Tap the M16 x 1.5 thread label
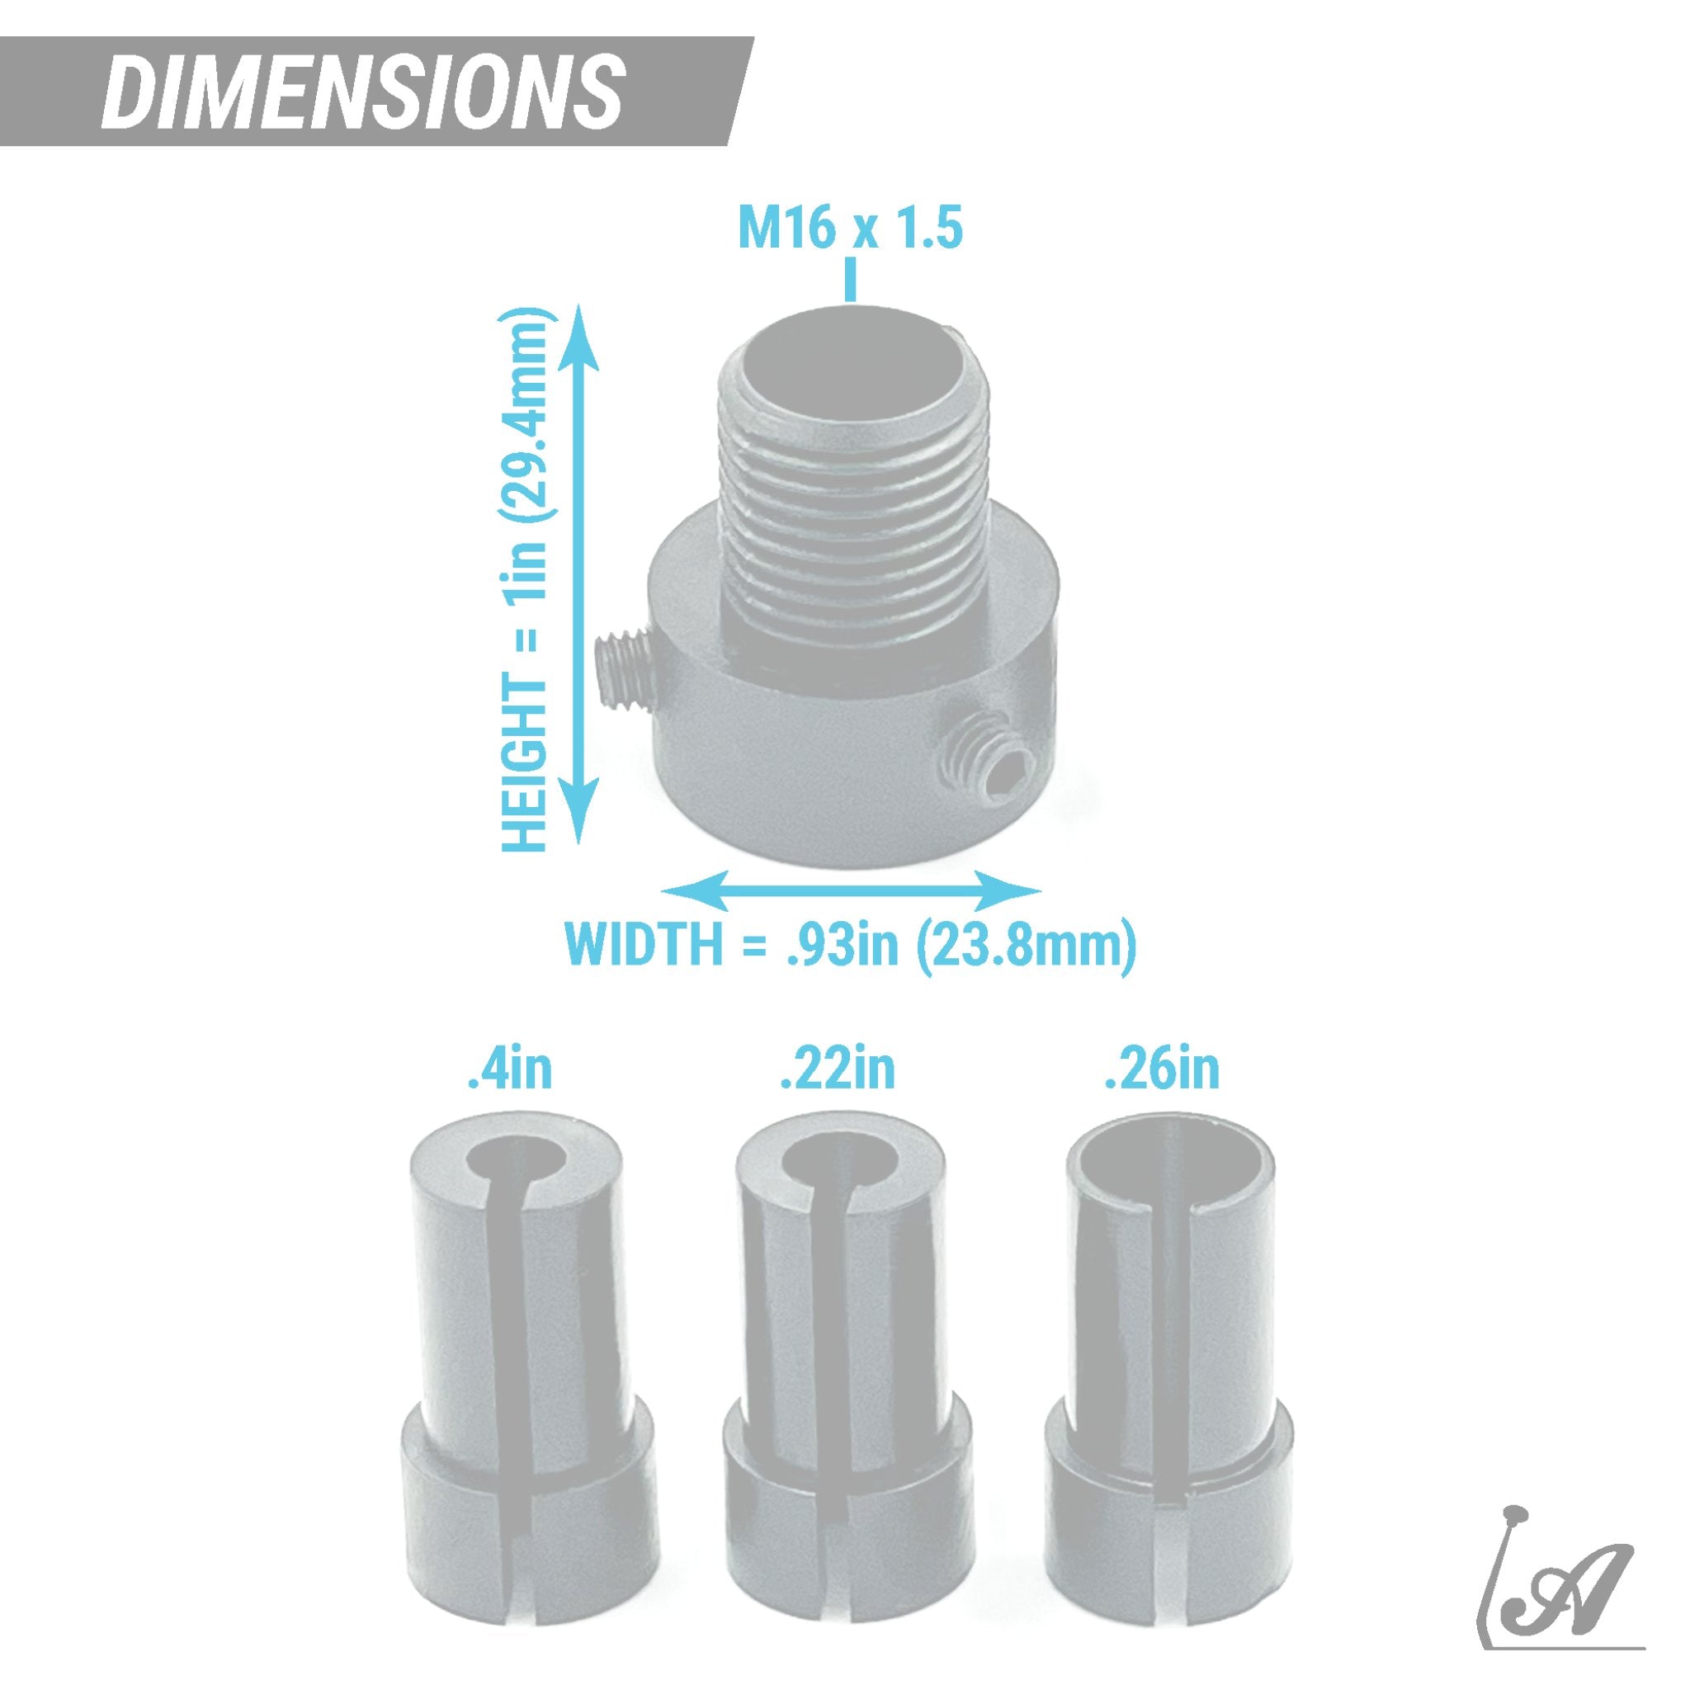point(850,229)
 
